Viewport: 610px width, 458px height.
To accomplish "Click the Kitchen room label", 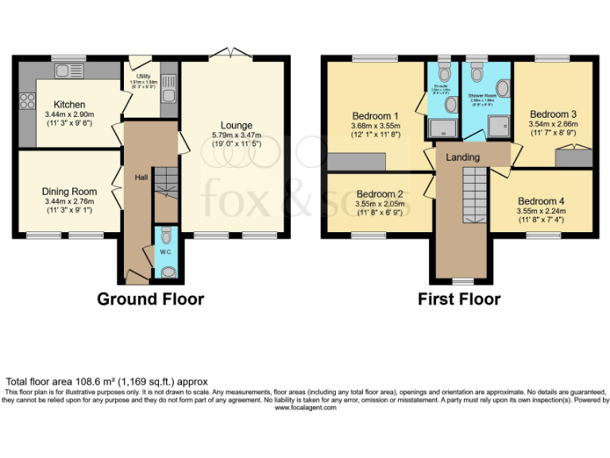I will pyautogui.click(x=69, y=105).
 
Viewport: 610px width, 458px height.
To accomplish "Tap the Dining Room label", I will pyautogui.click(x=69, y=192).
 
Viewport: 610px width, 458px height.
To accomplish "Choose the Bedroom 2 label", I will pyautogui.click(x=380, y=194).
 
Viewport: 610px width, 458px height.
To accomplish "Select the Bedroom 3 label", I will pyautogui.click(x=553, y=114).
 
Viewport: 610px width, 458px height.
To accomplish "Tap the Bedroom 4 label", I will pyautogui.click(x=541, y=201).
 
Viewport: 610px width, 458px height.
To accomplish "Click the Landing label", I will pyautogui.click(x=462, y=157).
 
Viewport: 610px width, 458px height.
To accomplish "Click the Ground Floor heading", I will pyautogui.click(x=150, y=300).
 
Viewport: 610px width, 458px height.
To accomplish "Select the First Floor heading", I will pyautogui.click(x=459, y=300).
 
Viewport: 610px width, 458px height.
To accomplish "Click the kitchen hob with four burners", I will pyautogui.click(x=26, y=100).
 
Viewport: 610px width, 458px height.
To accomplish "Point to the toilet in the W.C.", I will pyautogui.click(x=165, y=236).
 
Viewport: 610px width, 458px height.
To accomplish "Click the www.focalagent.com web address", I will pyautogui.click(x=305, y=408).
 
